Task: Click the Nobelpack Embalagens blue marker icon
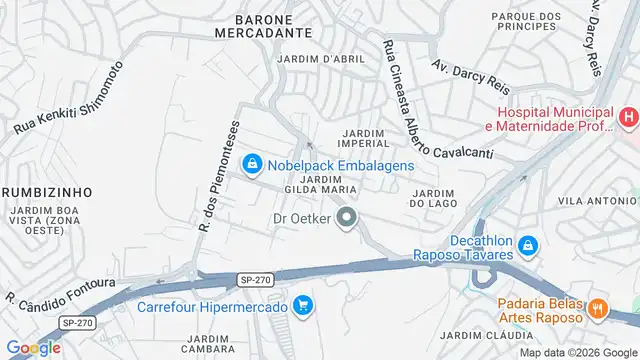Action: [x=252, y=163]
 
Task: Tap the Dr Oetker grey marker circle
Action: [x=347, y=217]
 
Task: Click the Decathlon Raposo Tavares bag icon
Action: [x=528, y=246]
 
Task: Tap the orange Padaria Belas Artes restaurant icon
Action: [x=599, y=308]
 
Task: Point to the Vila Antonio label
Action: [x=598, y=201]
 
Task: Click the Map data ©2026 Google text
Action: [x=576, y=352]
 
